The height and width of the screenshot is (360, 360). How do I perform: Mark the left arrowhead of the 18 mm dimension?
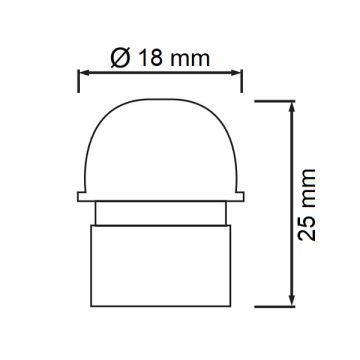(x=83, y=72)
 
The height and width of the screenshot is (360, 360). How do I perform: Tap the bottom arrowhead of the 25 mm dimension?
(x=292, y=303)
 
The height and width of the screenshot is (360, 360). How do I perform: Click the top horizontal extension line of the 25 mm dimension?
(x=276, y=99)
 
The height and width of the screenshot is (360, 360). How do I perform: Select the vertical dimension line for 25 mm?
(x=292, y=150)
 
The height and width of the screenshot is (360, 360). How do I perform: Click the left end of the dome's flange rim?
(x=75, y=192)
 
